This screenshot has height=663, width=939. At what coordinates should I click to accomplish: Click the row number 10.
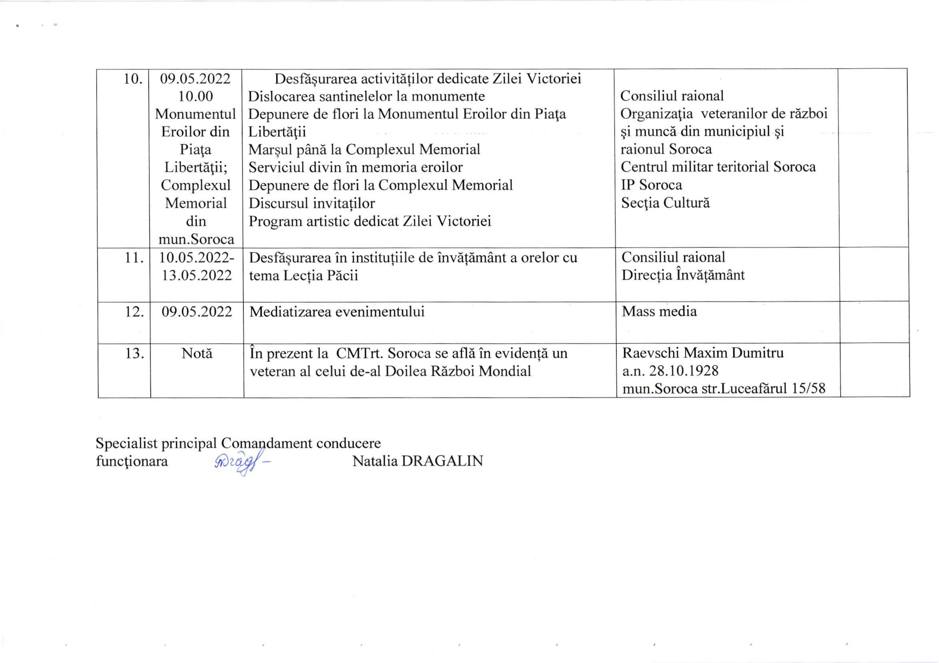133,79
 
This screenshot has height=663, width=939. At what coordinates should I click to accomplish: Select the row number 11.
134,258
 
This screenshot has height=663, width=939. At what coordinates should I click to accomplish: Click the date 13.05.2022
197,276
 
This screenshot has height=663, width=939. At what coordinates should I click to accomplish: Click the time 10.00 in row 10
195,96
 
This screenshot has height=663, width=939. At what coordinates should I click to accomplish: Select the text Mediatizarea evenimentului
337,312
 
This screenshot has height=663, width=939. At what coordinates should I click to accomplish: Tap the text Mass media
659,312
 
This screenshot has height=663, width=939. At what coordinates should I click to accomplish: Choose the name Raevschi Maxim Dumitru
703,353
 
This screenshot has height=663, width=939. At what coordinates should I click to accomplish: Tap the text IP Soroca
652,185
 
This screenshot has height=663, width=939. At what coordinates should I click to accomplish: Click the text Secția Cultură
666,203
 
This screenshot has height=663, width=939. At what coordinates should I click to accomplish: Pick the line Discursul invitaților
312,203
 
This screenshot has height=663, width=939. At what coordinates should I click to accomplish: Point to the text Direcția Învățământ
683,275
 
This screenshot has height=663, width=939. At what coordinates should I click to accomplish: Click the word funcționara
132,461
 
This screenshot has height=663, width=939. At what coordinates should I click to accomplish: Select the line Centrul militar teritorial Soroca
718,167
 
